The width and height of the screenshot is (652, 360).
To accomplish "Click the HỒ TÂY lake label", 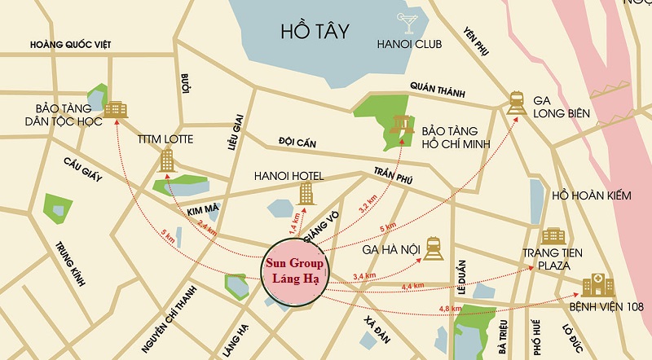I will coord(314,33).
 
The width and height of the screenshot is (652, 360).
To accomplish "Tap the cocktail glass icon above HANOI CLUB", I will coord(404,21).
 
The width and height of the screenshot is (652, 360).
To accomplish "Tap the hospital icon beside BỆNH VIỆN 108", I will coord(598,286).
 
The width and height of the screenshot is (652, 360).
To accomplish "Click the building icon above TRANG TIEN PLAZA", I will coord(553,236).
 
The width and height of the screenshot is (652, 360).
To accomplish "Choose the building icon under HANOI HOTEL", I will coord(306,193).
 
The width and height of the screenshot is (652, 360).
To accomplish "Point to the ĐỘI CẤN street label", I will coord(297,142).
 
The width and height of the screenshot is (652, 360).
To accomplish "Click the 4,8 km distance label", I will coord(450,309).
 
